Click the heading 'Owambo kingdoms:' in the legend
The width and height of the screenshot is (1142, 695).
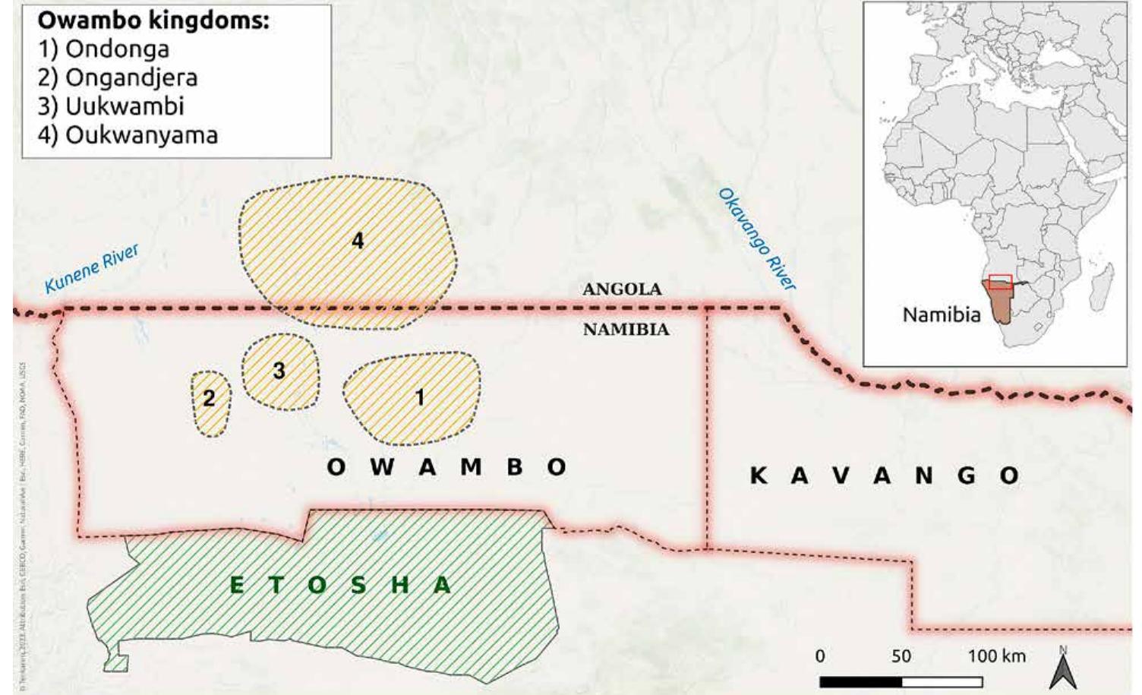pyautogui.click(x=153, y=21)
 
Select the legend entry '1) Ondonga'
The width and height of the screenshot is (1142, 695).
pyautogui.click(x=104, y=49)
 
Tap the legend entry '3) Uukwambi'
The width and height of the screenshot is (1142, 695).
pyautogui.click(x=111, y=106)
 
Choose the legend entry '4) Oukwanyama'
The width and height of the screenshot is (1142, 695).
pyautogui.click(x=128, y=135)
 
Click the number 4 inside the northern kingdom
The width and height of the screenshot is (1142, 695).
pyautogui.click(x=358, y=241)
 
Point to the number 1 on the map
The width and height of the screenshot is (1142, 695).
pyautogui.click(x=419, y=396)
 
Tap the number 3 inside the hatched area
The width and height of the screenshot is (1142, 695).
pyautogui.click(x=279, y=371)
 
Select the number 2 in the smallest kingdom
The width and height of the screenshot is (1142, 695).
pyautogui.click(x=209, y=398)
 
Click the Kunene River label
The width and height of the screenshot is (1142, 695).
pyautogui.click(x=92, y=269)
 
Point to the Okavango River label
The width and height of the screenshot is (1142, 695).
pyautogui.click(x=757, y=239)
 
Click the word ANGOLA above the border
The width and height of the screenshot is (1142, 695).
pyautogui.click(x=622, y=289)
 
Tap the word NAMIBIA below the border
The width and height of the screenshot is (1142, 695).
pyautogui.click(x=626, y=330)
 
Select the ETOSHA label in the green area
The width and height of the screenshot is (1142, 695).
pyautogui.click(x=340, y=585)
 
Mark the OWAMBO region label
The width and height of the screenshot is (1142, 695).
pyautogui.click(x=446, y=466)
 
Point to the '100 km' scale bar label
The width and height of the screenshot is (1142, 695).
pyautogui.click(x=996, y=656)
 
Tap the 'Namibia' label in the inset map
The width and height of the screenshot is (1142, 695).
pyautogui.click(x=942, y=314)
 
